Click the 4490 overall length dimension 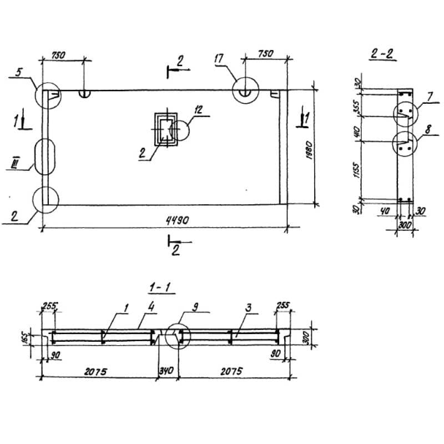[176, 221]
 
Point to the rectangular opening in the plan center [165, 129]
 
